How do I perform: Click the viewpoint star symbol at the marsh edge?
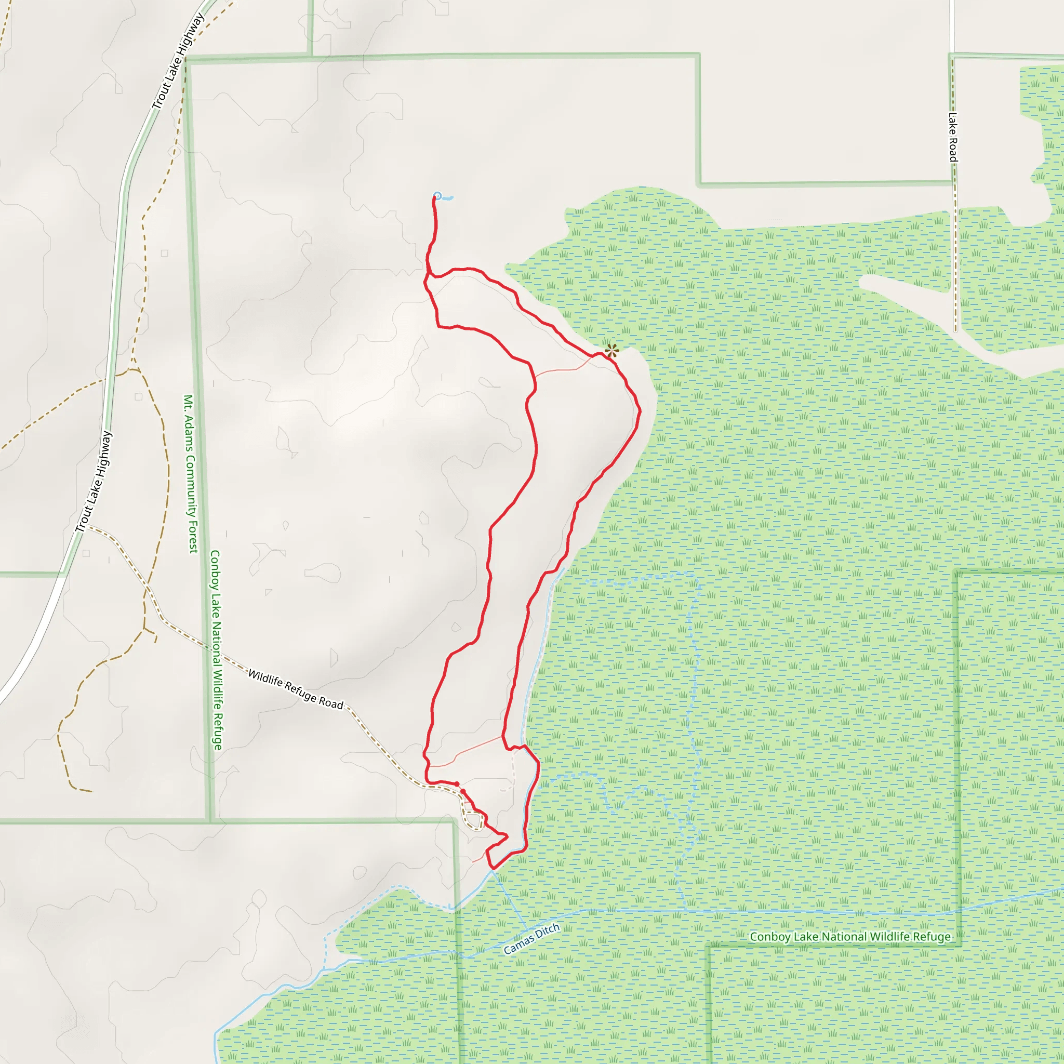611,350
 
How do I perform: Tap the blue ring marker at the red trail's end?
437,195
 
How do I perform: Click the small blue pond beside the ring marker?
448,197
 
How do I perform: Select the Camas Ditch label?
531,939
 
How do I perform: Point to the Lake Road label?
953,137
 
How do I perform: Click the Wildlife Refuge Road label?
295,689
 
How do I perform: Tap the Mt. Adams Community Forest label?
190,474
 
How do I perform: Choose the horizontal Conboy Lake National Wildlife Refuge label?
850,937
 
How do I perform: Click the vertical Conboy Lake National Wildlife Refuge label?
217,650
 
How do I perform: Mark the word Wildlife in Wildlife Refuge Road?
265,679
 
